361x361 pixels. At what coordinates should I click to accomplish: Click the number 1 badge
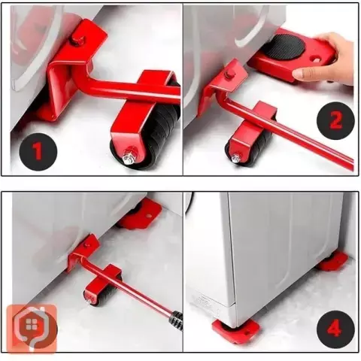point(38,152)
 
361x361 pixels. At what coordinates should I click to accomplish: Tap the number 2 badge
point(335,121)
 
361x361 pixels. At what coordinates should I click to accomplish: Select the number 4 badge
point(335,329)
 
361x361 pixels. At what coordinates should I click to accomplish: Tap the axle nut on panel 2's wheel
point(235,158)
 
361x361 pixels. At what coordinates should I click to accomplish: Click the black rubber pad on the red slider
point(287,47)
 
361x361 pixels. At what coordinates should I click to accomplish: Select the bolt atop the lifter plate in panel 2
point(228,74)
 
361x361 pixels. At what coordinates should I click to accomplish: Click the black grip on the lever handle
point(177,319)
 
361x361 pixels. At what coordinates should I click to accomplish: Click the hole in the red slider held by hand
point(316,60)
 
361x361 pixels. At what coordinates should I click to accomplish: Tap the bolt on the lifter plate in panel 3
point(87,246)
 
